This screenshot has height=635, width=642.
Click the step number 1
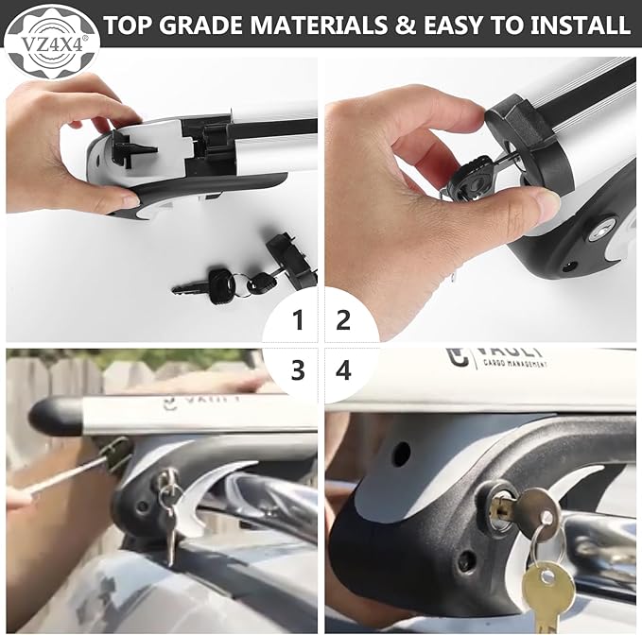point(299,321)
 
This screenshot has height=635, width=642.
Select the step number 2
point(343,321)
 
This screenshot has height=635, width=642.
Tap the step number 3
point(299,369)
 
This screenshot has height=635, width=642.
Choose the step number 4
point(343,369)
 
